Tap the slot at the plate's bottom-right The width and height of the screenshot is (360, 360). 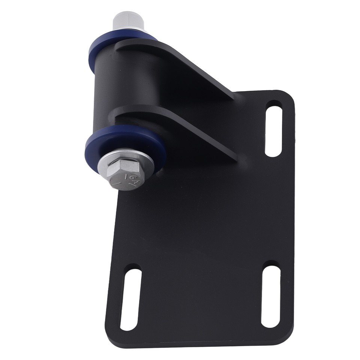coord(270,296)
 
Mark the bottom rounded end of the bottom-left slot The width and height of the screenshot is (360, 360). coord(127,325)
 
